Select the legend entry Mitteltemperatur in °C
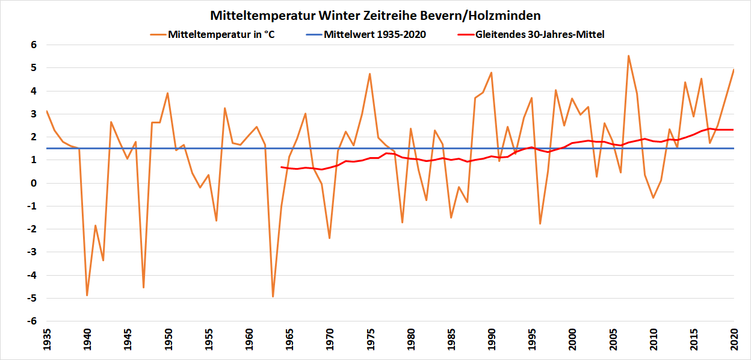pos(221,34)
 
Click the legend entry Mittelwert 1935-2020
pos(374,34)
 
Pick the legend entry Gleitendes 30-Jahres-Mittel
pos(539,34)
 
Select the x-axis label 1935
pos(47,341)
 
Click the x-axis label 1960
pos(249,341)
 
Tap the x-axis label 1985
pos(451,341)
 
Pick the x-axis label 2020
pos(734,341)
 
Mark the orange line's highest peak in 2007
pos(628,56)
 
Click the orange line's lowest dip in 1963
pos(273,296)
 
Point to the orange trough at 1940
pos(87,295)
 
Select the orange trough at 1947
pos(143,287)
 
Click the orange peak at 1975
pos(369,74)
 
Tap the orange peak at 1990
pos(491,73)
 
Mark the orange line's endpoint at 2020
pos(734,70)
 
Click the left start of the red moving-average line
pos(281,167)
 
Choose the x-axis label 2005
pos(612,341)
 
